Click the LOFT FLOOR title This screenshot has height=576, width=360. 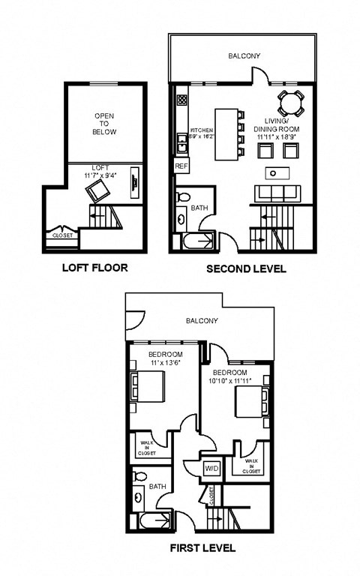point(94,268)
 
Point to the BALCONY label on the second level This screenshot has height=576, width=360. point(244,55)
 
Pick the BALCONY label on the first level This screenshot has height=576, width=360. point(202,320)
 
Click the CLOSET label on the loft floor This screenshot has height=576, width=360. point(61,235)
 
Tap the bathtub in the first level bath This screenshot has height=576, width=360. point(153,522)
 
